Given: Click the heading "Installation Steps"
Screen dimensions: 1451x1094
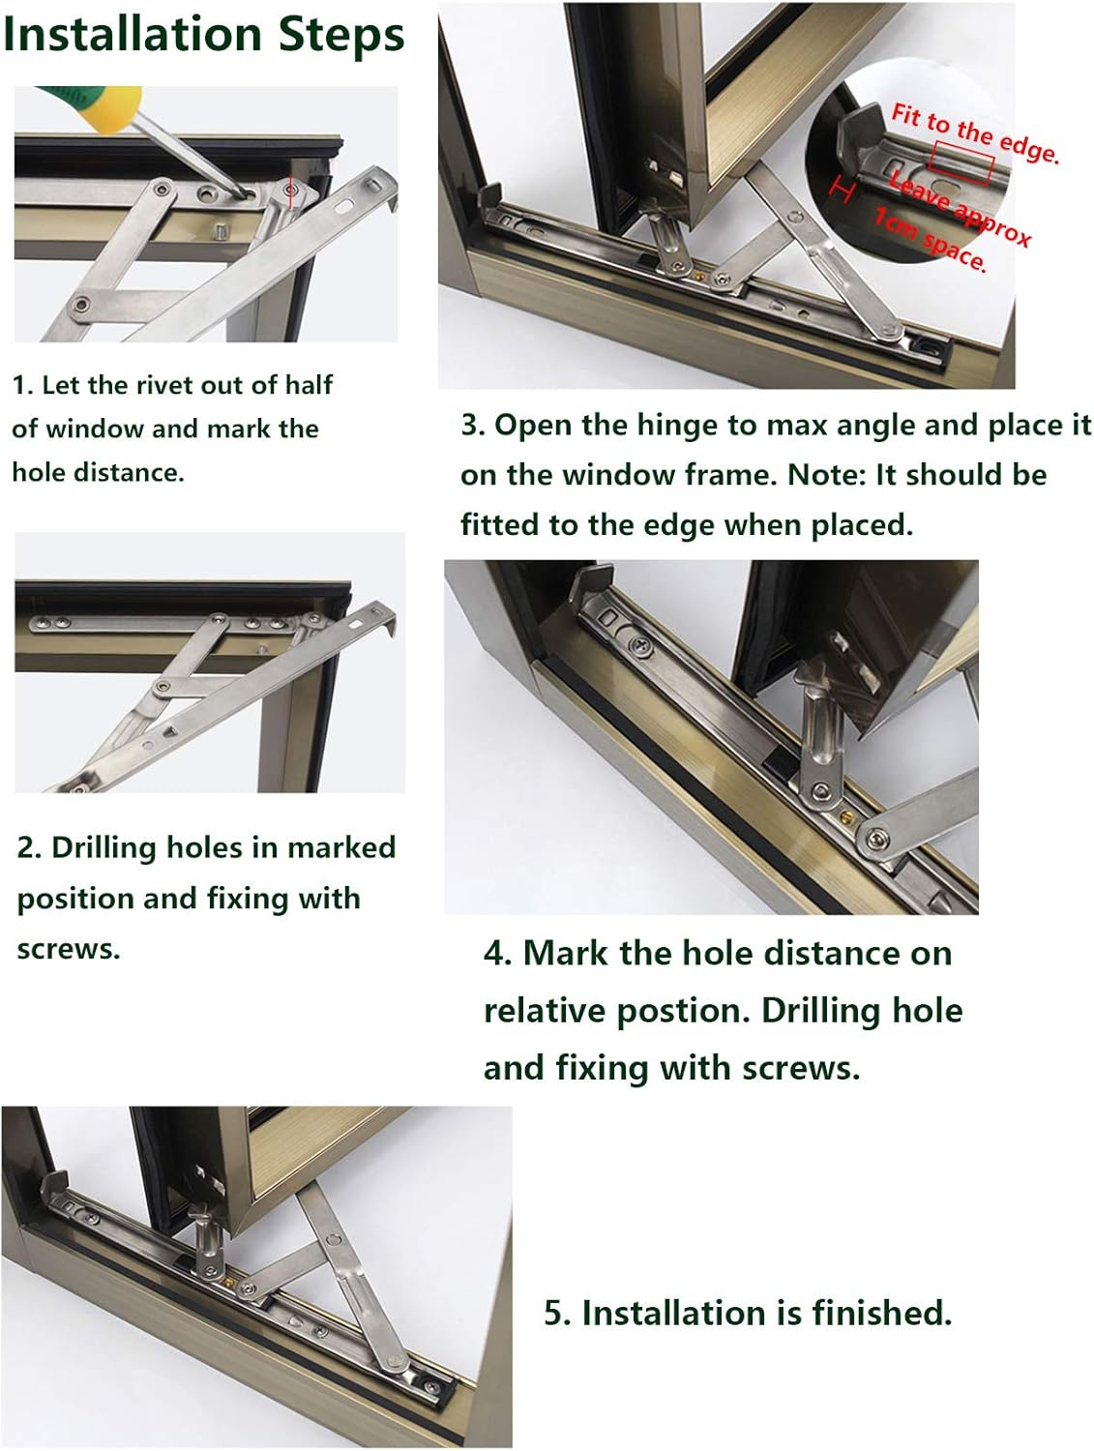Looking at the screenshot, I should coord(203,35).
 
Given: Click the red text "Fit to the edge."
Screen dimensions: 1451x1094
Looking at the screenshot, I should coord(974,133).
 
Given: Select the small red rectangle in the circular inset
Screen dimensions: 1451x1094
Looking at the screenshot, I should coord(961,162).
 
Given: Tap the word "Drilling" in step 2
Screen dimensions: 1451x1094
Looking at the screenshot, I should coord(103,847).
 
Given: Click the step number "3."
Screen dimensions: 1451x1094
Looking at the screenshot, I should coord(473,426).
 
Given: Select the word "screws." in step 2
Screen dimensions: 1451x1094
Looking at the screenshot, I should coord(69,949).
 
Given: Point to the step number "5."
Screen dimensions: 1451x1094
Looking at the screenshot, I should coord(557,1313).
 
